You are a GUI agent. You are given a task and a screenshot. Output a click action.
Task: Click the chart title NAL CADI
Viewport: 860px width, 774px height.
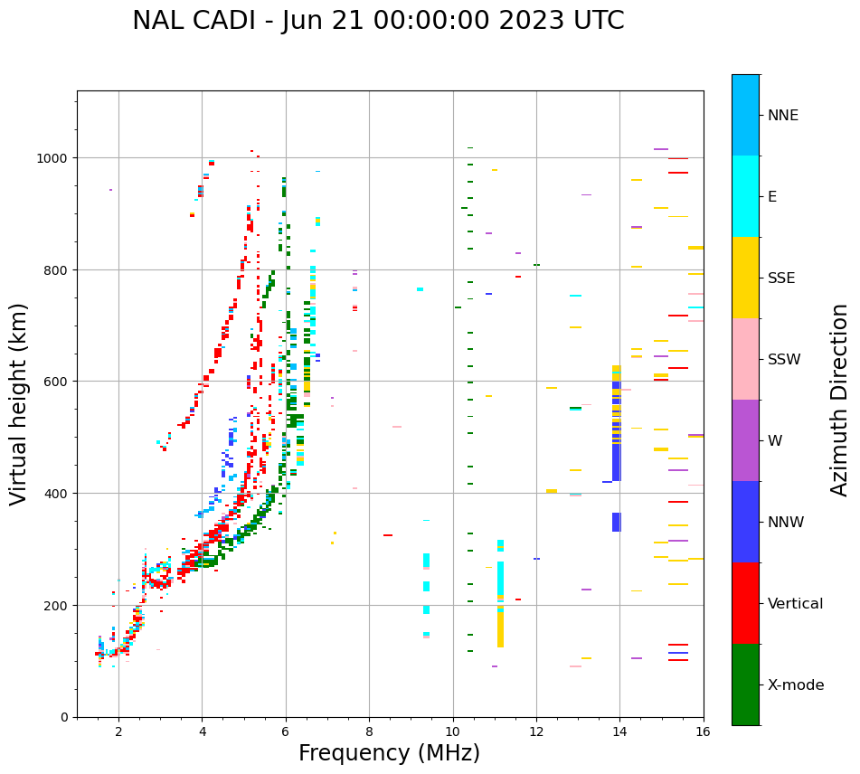coord(378,21)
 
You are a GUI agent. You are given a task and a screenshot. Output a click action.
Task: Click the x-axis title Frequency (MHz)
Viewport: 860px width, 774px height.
coord(389,753)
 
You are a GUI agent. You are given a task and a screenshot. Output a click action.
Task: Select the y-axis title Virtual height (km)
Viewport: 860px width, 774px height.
coord(19,403)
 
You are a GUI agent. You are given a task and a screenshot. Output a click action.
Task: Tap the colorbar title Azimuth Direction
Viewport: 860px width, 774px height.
coord(840,400)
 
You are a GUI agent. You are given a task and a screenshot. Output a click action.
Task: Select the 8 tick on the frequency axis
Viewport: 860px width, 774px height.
coord(369,732)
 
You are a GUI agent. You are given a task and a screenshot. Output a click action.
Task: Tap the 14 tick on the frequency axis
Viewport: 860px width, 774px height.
coord(619,732)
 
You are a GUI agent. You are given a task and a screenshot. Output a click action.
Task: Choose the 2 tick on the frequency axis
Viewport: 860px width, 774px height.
coord(118,732)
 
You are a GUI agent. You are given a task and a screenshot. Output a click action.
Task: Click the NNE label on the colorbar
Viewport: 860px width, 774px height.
coord(783,116)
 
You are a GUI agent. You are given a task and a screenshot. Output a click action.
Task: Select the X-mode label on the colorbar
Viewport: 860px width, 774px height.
coord(796,685)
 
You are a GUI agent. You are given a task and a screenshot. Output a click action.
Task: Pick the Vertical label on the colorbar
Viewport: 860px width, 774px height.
coord(796,604)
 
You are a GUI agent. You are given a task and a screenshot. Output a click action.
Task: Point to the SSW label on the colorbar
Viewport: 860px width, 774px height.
coord(784,360)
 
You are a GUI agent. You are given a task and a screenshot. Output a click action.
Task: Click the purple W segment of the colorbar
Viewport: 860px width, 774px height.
coord(745,440)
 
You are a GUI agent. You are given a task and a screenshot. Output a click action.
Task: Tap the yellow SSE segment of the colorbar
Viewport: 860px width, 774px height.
coord(745,278)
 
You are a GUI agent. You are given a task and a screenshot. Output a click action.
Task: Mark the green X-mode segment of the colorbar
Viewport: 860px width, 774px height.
coord(745,684)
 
